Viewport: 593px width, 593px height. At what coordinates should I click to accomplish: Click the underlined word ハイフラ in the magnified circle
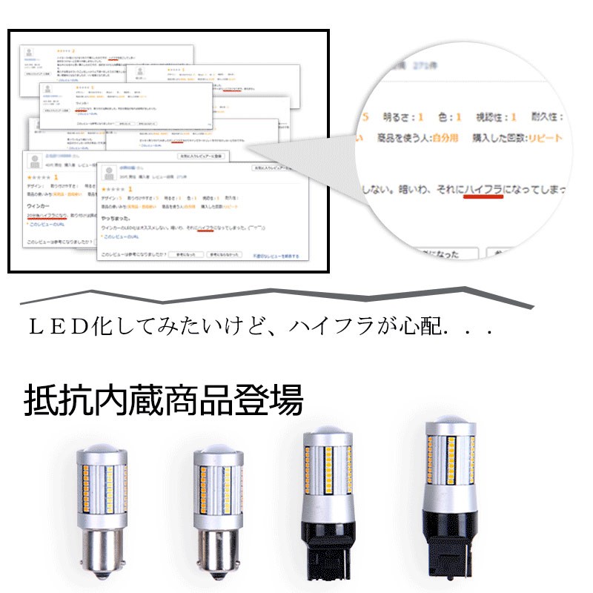[481, 191]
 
